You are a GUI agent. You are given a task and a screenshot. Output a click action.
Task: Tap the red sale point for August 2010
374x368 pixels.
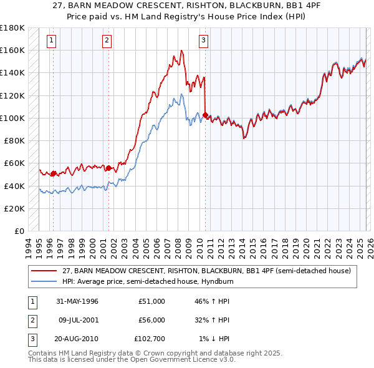pyautogui.click(x=206, y=115)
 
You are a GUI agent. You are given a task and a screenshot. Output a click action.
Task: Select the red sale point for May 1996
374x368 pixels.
pyautogui.click(x=54, y=173)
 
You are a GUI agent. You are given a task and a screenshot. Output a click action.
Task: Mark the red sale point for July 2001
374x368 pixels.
pyautogui.click(x=108, y=168)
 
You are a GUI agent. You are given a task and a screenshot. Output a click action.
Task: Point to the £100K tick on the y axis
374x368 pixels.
pyautogui.click(x=12, y=118)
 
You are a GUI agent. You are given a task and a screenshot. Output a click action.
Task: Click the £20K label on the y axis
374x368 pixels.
pyautogui.click(x=15, y=208)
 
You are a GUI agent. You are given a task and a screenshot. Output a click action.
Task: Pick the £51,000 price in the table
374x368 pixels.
pyautogui.click(x=151, y=301)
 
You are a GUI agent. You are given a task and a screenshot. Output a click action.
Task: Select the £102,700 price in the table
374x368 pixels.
pyautogui.click(x=150, y=339)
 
